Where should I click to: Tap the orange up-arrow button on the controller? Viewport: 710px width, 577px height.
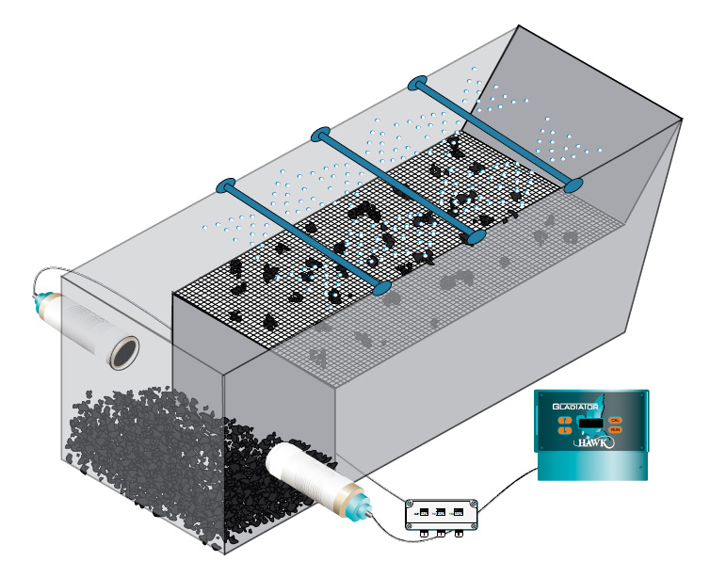(x=566, y=419)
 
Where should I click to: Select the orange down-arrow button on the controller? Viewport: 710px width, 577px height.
(x=566, y=430)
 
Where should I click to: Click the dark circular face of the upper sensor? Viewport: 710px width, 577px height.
(x=123, y=353)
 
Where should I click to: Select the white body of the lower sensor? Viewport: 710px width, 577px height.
(x=299, y=474)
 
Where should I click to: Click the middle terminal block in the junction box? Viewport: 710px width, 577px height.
(x=441, y=512)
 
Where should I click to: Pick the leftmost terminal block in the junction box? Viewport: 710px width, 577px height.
(x=423, y=511)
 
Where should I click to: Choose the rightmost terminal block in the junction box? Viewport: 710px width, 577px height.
(x=459, y=513)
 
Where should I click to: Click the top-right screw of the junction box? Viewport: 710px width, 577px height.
(x=475, y=504)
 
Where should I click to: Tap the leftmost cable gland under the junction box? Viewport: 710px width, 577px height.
(x=423, y=534)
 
